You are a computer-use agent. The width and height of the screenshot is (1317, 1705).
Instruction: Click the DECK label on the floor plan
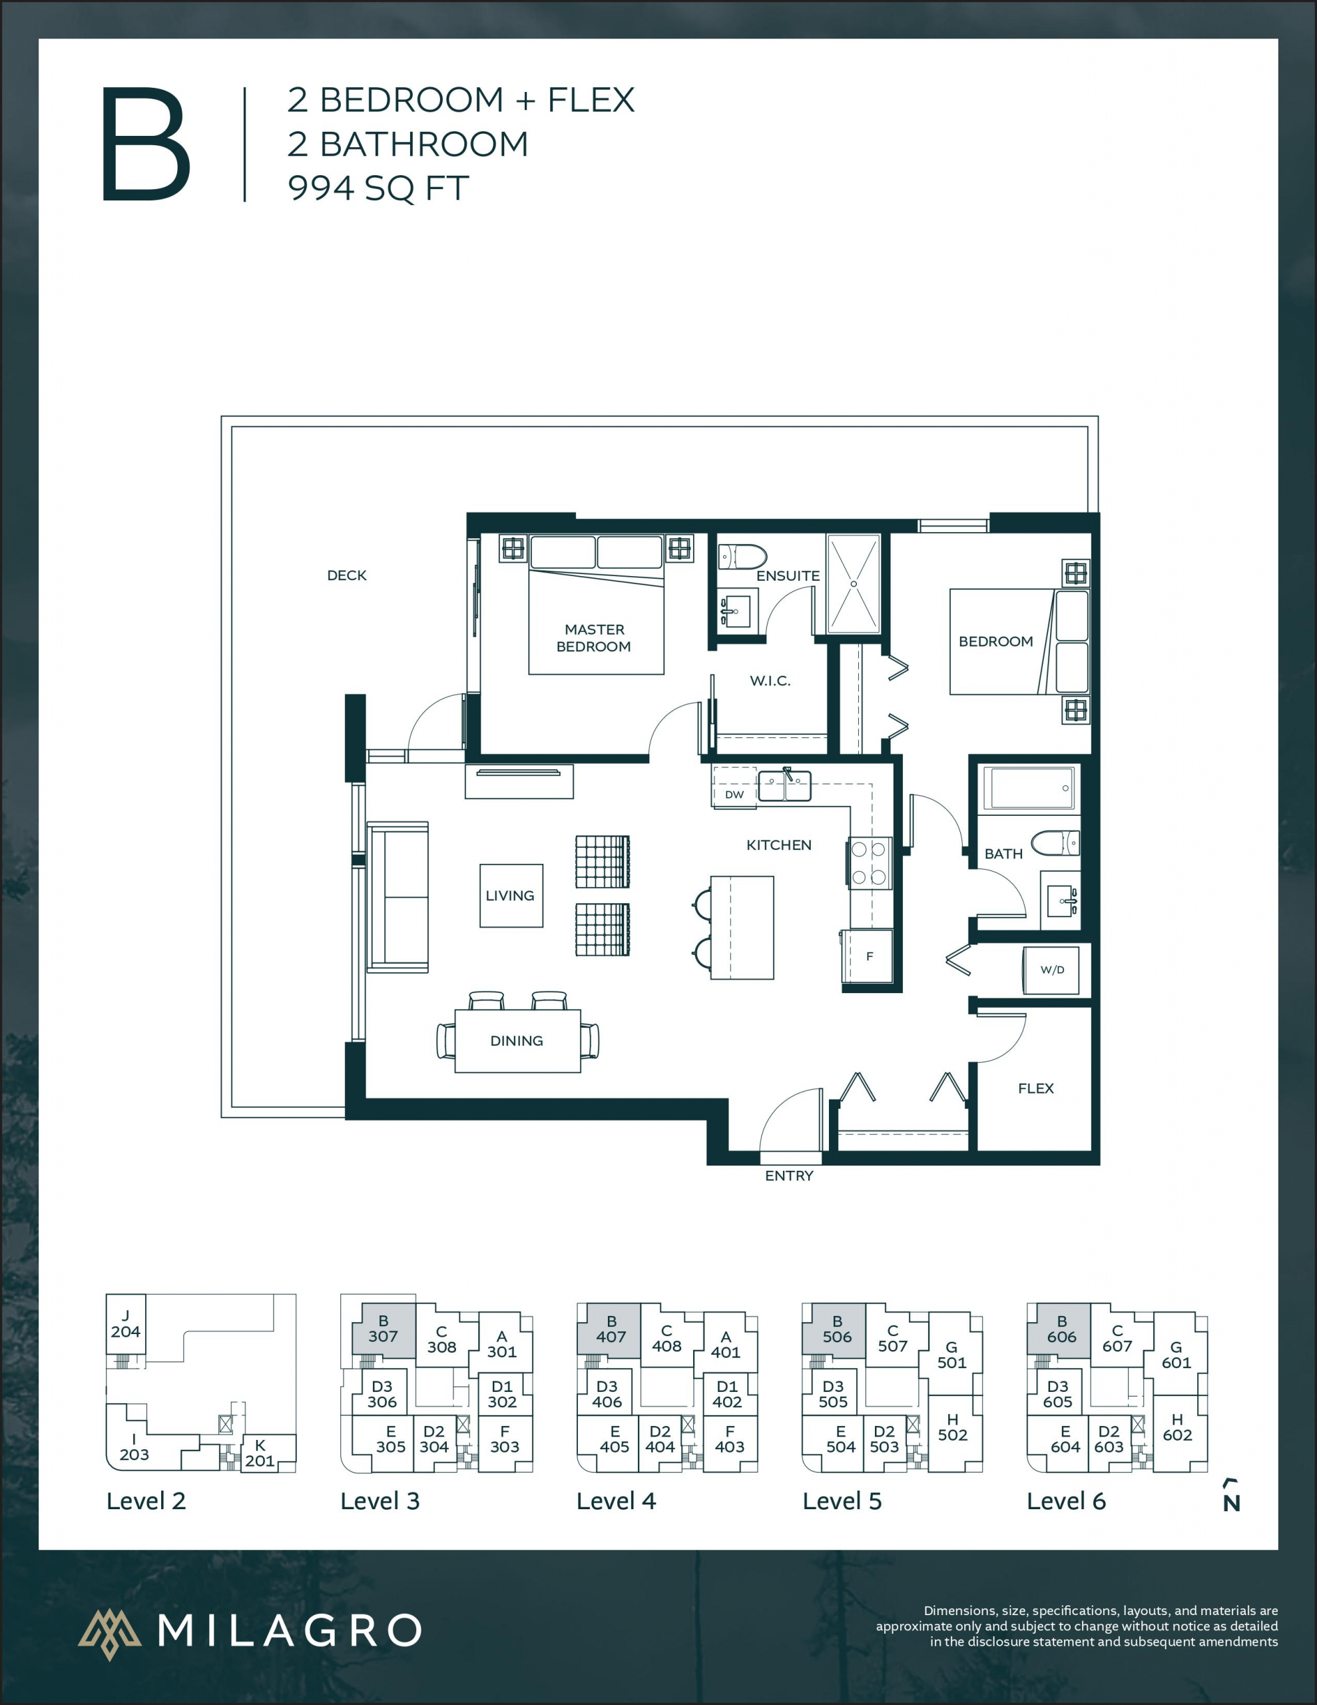point(347,575)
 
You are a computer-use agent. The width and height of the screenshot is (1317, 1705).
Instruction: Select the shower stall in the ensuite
point(854,583)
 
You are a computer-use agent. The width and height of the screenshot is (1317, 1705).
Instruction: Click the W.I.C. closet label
point(770,681)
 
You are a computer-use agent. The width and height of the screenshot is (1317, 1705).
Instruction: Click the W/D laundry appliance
point(1051,970)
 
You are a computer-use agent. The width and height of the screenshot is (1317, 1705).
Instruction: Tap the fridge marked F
point(868,956)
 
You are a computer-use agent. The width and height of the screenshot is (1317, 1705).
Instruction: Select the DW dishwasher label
point(734,795)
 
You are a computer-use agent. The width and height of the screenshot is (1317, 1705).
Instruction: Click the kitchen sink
point(786,785)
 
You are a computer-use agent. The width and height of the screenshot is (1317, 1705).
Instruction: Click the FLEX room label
point(1035,1088)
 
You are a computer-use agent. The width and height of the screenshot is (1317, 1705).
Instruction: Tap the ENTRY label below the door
point(788,1176)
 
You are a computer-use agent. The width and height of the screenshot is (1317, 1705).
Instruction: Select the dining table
point(517,1040)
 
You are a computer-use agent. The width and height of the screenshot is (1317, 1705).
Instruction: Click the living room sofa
point(398,897)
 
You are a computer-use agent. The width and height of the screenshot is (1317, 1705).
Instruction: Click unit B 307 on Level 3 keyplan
point(383,1329)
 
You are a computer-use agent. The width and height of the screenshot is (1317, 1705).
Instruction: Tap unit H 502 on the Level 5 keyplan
point(951,1427)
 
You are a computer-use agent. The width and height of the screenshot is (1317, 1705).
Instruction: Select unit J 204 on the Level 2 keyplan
point(125,1325)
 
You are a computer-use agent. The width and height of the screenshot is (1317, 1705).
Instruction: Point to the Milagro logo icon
point(109,1633)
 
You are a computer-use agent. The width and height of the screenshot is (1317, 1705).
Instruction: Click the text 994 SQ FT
point(378,188)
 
